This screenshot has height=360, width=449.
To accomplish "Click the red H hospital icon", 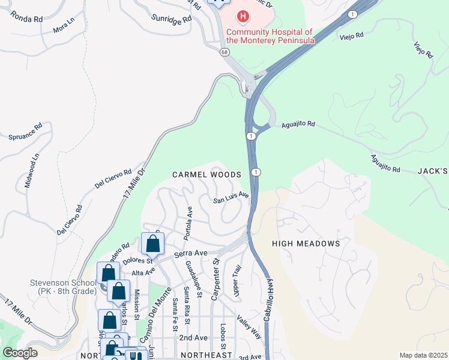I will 243,16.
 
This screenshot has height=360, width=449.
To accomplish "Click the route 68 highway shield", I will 224,53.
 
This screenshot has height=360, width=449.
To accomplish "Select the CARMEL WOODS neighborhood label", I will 206,175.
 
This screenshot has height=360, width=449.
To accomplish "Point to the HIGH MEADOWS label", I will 306,244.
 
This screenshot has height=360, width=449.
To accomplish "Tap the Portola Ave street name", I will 188,220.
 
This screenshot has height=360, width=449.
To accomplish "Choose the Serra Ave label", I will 190,254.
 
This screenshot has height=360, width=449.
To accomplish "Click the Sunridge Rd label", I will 171,18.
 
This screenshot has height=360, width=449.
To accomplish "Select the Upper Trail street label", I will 237,280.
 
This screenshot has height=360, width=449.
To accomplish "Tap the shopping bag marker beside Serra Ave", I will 153,244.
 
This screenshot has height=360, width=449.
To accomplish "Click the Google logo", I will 20,353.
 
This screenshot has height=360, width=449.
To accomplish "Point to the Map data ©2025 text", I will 423,355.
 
